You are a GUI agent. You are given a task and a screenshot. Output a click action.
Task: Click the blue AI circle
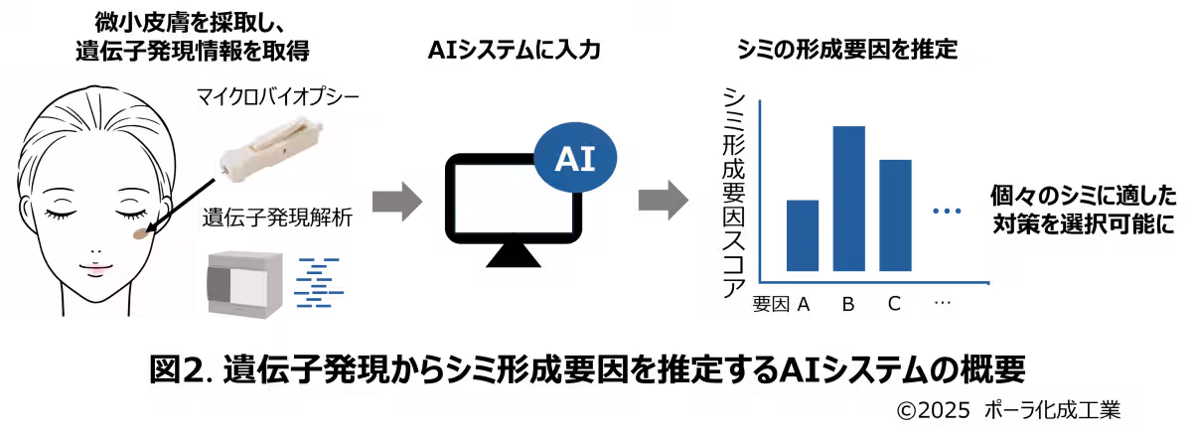pyautogui.click(x=576, y=158)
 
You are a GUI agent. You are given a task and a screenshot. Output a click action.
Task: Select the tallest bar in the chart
pyautogui.click(x=848, y=199)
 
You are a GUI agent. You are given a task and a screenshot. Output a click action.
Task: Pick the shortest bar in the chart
pyautogui.click(x=803, y=235)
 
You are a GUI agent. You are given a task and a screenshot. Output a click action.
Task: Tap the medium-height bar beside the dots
pyautogui.click(x=895, y=215)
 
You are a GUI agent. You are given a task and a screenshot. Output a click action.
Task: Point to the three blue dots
pyautogui.click(x=947, y=211)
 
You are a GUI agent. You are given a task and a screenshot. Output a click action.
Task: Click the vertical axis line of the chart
pyautogui.click(x=759, y=189)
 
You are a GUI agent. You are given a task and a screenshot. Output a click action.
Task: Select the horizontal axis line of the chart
pyautogui.click(x=874, y=283)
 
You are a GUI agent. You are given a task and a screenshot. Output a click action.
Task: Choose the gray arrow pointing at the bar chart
pyautogui.click(x=663, y=201)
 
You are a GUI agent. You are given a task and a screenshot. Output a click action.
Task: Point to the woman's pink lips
pyautogui.click(x=96, y=267)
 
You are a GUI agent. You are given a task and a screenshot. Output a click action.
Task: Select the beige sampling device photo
pyautogui.click(x=276, y=149)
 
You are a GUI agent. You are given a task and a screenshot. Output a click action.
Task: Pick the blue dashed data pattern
pyautogui.click(x=318, y=283)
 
